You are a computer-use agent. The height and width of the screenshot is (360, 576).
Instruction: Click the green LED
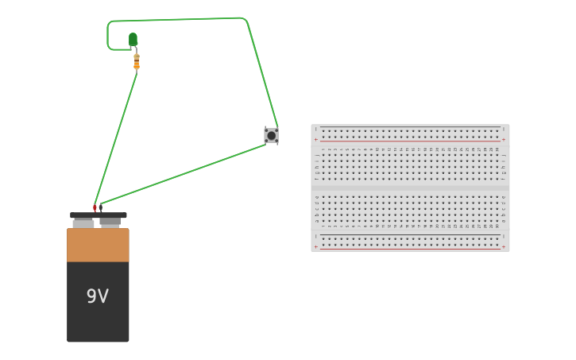(133, 39)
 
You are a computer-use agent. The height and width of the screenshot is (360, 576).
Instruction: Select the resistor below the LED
(137, 61)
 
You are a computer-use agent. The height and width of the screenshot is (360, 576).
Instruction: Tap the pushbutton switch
(271, 135)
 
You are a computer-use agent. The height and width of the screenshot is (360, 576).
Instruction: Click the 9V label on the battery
(98, 296)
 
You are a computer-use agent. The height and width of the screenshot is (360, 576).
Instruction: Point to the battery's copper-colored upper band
(98, 245)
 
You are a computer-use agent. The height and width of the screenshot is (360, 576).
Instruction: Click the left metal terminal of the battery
(83, 223)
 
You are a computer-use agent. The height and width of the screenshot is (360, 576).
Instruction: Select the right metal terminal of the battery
(110, 222)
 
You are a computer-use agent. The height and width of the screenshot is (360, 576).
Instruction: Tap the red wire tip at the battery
(95, 208)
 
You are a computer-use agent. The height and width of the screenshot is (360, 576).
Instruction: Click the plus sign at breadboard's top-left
(315, 140)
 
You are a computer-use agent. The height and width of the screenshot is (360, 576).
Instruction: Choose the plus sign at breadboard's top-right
(503, 140)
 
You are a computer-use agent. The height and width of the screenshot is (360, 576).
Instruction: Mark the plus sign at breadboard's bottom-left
(315, 246)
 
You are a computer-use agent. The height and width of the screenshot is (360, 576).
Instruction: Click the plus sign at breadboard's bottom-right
(503, 246)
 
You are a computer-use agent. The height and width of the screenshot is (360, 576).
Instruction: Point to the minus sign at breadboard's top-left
(315, 129)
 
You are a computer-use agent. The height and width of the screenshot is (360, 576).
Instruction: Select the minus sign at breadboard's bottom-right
(503, 236)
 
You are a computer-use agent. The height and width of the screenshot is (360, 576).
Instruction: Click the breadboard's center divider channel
(410, 188)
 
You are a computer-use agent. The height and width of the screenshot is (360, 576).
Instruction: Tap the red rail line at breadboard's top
(410, 141)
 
